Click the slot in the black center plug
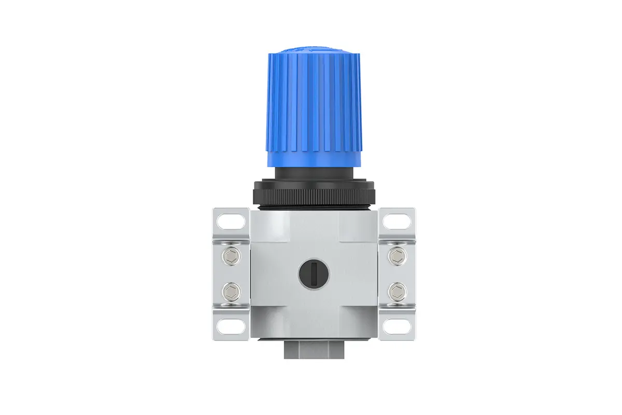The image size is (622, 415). pos(313,272)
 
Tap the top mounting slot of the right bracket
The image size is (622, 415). pos(398,222)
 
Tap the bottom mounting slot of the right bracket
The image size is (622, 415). pos(398,326)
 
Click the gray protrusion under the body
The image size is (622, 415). pos(313,350)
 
